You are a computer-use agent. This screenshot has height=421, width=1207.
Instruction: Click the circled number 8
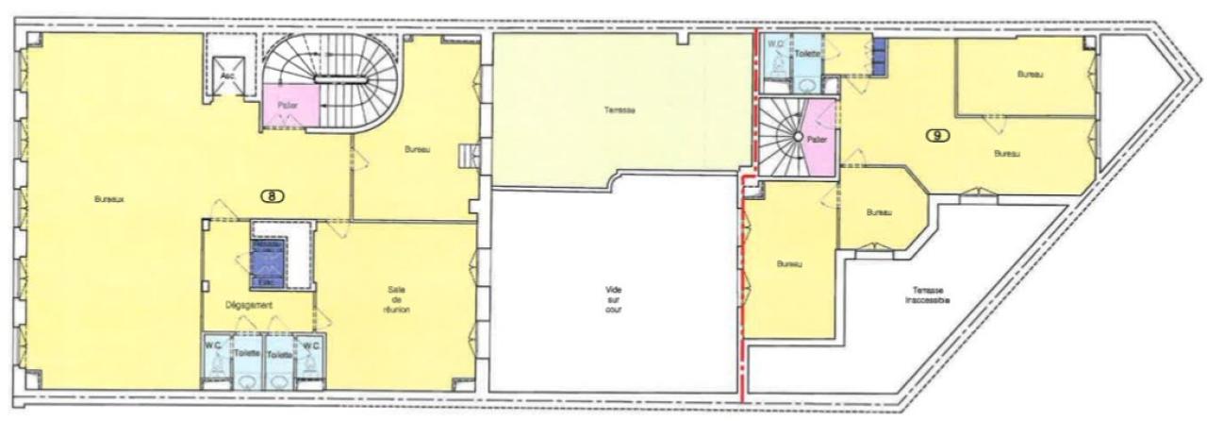(273, 196)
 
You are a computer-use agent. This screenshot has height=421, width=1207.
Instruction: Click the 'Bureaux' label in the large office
(110, 199)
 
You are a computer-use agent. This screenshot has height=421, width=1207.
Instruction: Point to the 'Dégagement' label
(250, 305)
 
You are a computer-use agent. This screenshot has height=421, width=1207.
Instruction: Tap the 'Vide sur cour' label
(615, 299)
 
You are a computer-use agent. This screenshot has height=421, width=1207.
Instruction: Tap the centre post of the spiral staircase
(797, 138)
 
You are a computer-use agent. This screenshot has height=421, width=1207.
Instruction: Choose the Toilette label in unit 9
(806, 55)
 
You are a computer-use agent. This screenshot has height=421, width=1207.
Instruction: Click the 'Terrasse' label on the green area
(620, 110)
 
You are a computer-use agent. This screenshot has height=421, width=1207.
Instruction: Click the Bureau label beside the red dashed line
(788, 264)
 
